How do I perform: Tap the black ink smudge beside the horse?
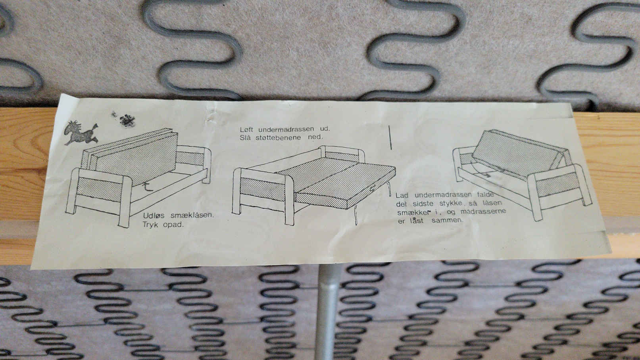tap(127, 120)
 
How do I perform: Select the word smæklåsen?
tap(192, 215)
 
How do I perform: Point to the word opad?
tap(173, 225)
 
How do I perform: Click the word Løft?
tap(246, 129)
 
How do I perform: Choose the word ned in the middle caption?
tap(315, 137)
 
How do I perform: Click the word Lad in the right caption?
tap(402, 195)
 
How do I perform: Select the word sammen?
tap(447, 220)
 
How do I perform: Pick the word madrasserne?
tap(483, 212)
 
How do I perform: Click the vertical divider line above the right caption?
tap(390, 137)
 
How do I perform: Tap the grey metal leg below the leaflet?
tap(327, 312)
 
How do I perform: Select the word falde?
tap(485, 194)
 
